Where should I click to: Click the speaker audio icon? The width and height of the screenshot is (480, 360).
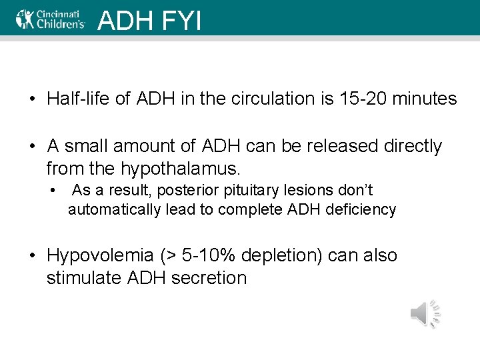coord(425,313)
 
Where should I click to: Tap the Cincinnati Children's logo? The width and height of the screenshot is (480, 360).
coord(51,19)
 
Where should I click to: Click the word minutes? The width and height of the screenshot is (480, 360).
coord(424,99)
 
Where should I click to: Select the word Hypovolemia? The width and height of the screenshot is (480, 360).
coord(100,255)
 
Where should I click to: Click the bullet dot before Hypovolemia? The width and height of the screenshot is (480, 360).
coord(32,256)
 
